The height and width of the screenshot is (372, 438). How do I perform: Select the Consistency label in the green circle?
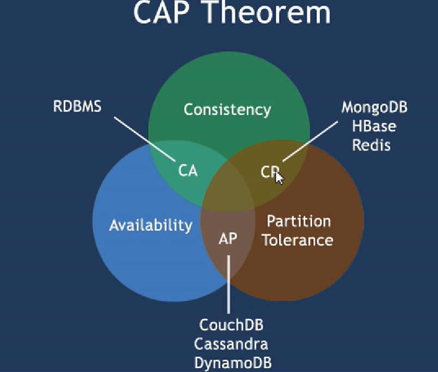(227, 110)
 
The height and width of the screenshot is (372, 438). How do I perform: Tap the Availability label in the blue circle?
(151, 225)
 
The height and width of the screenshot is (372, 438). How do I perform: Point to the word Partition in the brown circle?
(299, 221)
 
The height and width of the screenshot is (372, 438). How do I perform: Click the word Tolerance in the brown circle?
(298, 240)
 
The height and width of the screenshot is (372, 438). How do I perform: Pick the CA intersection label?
(188, 170)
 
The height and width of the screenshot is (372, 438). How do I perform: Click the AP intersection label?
(228, 238)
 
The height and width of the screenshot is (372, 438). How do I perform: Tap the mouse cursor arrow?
(279, 178)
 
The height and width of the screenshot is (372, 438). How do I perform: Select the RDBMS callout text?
(77, 106)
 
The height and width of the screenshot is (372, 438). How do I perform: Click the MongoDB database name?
(374, 107)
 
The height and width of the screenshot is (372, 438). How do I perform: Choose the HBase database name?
(374, 126)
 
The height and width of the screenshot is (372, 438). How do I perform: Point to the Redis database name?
(371, 145)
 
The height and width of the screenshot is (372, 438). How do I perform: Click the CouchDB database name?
(232, 325)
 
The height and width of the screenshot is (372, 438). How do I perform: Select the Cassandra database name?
(231, 344)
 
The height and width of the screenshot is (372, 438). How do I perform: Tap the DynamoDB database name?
(233, 363)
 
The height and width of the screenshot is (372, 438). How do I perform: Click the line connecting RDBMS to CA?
(145, 139)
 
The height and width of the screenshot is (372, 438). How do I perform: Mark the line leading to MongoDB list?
(310, 141)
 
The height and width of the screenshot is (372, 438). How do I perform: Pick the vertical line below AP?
(229, 284)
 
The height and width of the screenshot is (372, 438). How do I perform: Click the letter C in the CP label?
(265, 172)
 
